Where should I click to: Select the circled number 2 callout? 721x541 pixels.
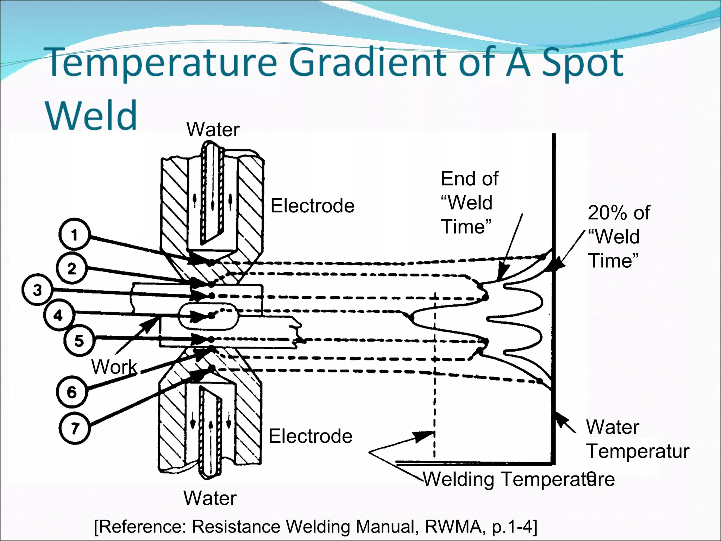pyautogui.click(x=71, y=269)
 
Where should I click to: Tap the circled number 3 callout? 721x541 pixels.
pyautogui.click(x=37, y=290)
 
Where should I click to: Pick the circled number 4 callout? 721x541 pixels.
pyautogui.click(x=58, y=315)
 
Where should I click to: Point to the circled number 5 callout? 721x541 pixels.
pyautogui.click(x=79, y=341)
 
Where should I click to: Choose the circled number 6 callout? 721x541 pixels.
pyautogui.click(x=71, y=392)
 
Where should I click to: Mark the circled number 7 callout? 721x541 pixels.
pyautogui.click(x=74, y=428)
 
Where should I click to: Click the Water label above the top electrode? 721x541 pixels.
pyautogui.click(x=213, y=130)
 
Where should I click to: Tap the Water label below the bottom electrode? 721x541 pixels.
pyautogui.click(x=210, y=498)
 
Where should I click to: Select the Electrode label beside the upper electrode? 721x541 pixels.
pyautogui.click(x=312, y=206)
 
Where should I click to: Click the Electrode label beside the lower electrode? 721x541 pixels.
pyautogui.click(x=310, y=436)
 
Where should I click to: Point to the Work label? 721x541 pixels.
pyautogui.click(x=114, y=367)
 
